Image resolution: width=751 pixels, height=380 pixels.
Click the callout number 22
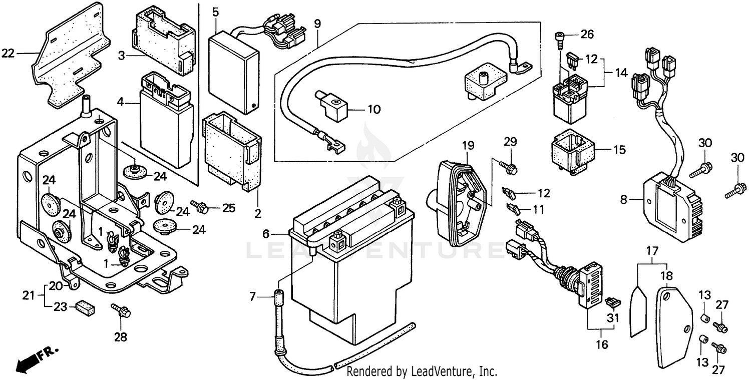8,53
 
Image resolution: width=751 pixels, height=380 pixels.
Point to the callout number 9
317,24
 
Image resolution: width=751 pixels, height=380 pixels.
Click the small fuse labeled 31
610,302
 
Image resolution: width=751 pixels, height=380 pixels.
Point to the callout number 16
601,344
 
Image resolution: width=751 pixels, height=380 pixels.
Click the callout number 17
652,250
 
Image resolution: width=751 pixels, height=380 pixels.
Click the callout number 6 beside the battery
266,233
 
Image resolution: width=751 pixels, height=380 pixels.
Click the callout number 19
468,146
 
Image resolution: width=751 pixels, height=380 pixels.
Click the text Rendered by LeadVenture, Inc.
422,372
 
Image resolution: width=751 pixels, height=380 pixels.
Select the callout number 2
258,214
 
